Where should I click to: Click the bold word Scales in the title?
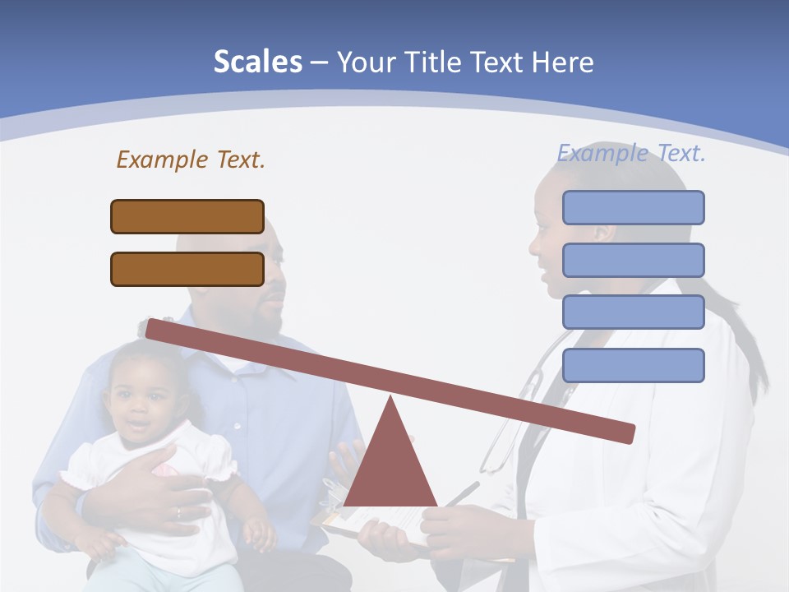point(258,62)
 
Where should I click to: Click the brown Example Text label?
point(191,160)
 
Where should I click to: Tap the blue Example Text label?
point(631,153)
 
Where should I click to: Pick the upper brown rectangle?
point(187,216)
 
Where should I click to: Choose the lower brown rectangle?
point(187,269)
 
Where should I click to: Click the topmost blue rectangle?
point(633,207)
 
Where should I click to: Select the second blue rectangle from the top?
point(633,260)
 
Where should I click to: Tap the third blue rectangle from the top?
point(633,312)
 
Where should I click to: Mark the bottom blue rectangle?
point(633,365)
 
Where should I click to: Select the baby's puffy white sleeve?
point(219,456)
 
